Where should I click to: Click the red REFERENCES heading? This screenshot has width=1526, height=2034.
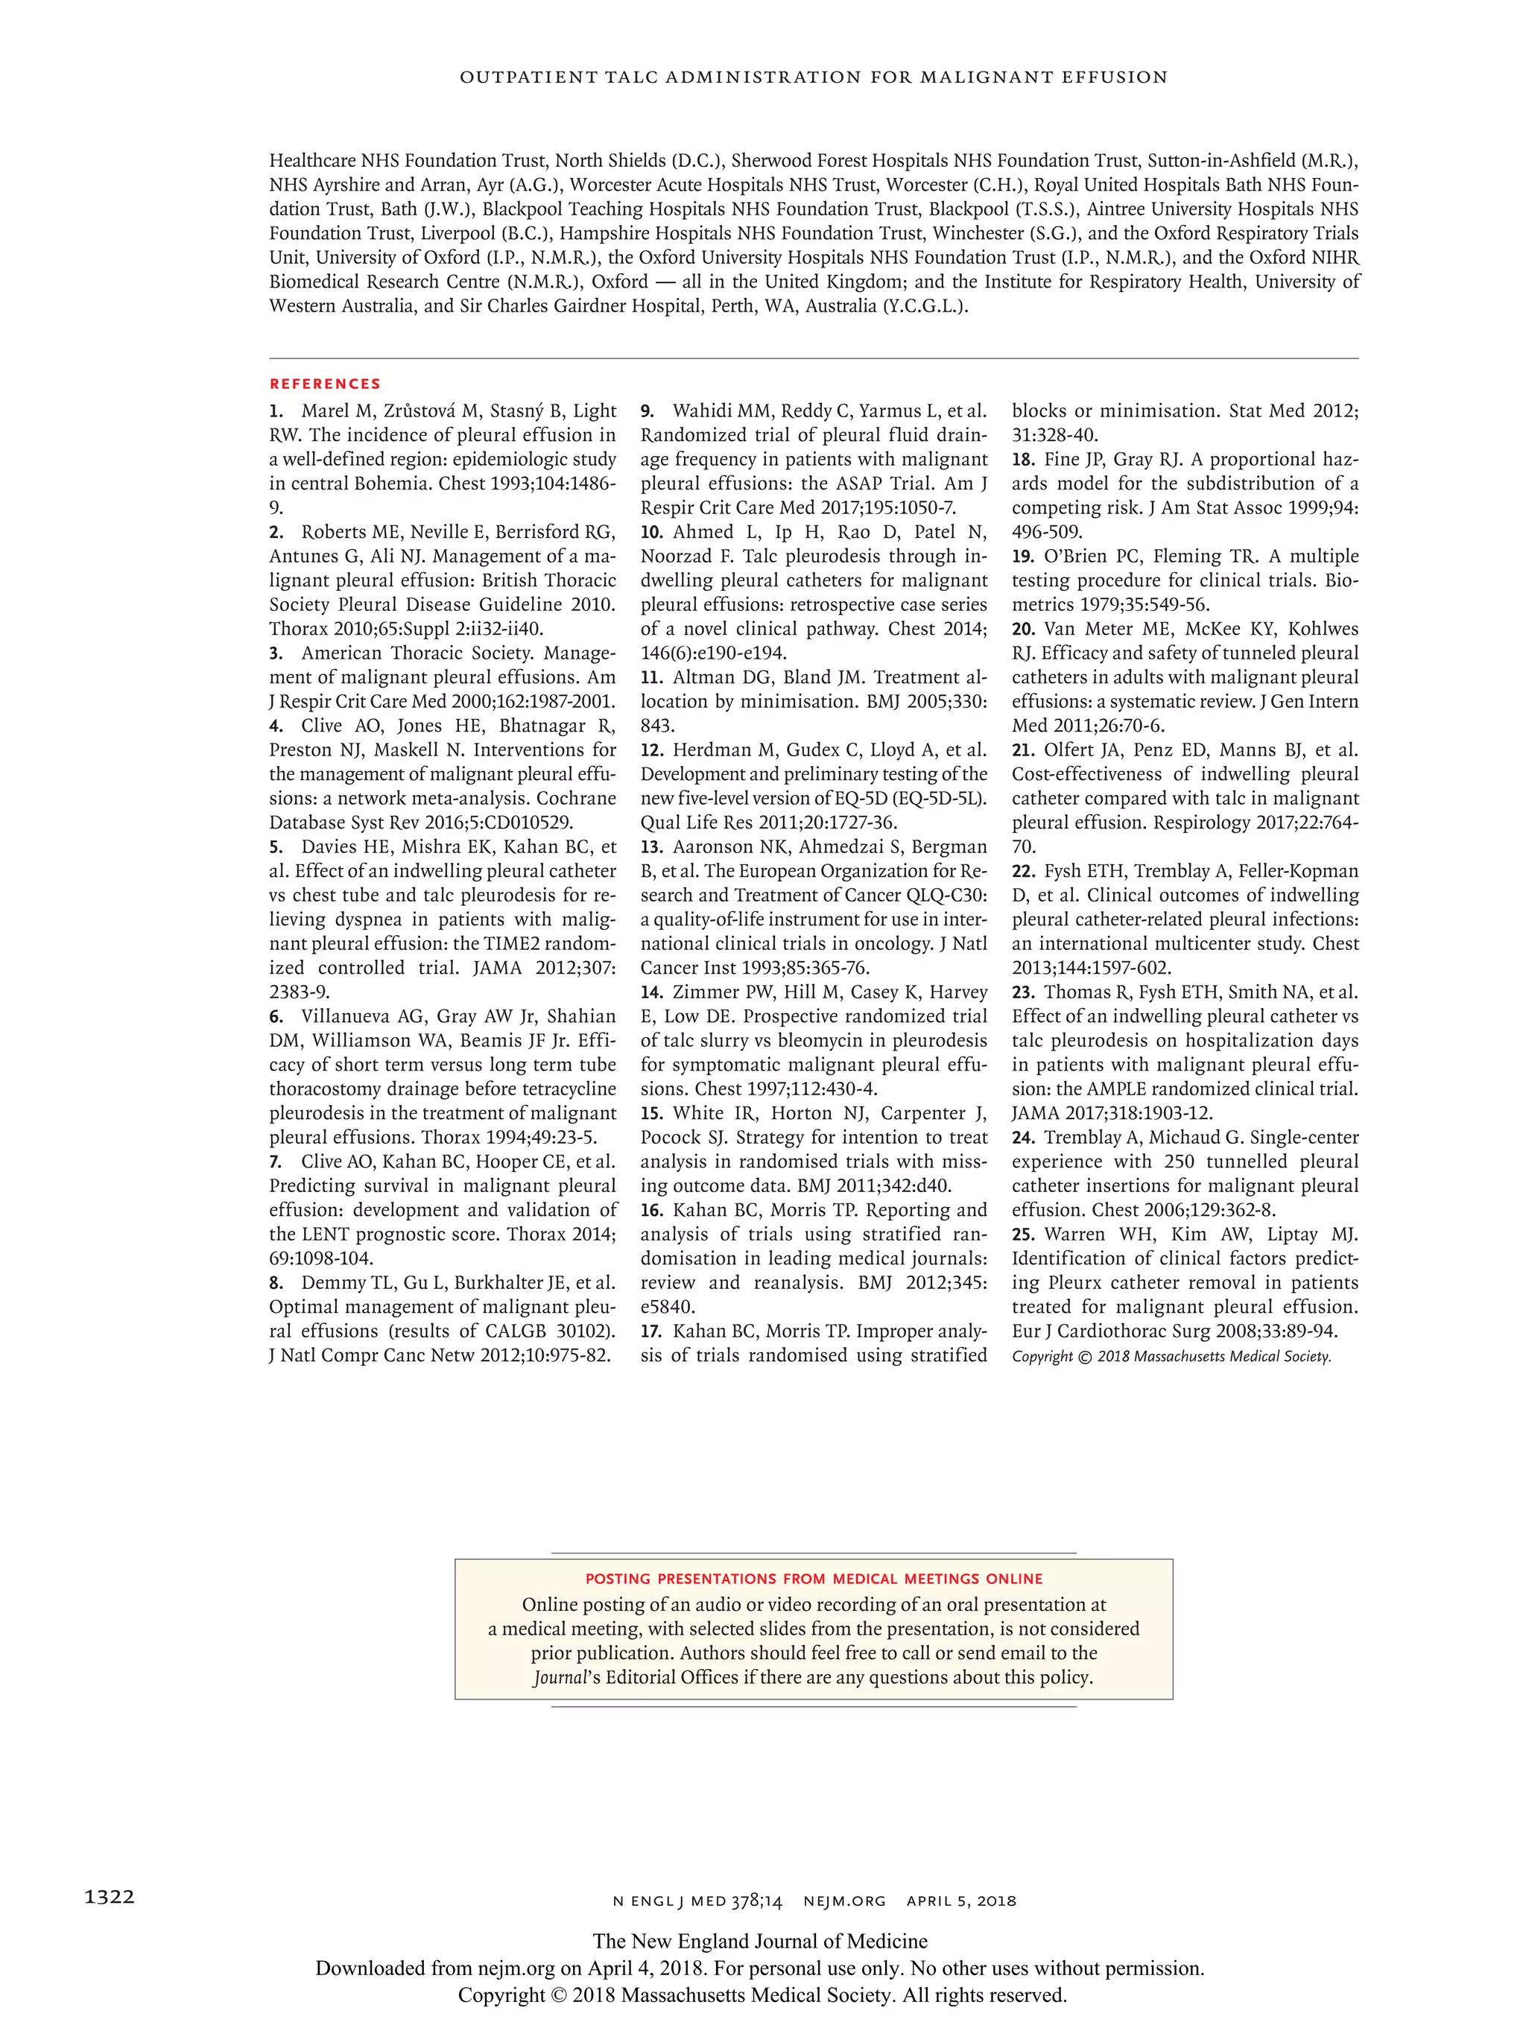coord(325,384)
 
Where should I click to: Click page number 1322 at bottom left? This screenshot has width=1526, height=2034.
coord(110,1897)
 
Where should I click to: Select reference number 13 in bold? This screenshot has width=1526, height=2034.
coord(652,847)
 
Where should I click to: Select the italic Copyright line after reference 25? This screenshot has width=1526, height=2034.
coord(1171,1356)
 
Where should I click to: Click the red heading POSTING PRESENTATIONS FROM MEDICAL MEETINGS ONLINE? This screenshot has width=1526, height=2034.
coord(813,1579)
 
